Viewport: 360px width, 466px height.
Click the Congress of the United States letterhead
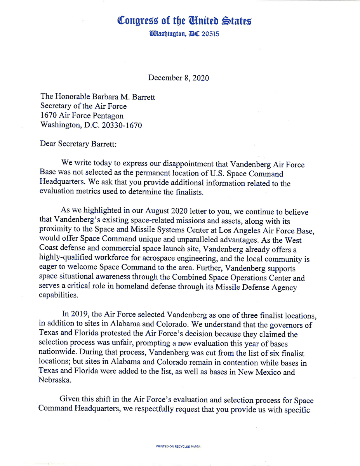184,21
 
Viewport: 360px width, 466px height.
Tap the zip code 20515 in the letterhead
210,34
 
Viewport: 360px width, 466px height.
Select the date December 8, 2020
179,78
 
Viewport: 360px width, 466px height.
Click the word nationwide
59,353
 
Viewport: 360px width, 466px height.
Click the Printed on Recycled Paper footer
178,447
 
